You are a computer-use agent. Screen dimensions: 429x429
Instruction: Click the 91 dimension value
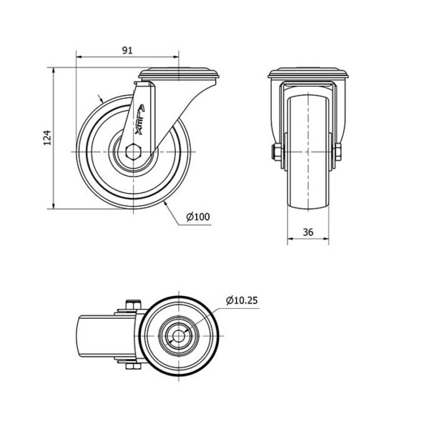click(127, 50)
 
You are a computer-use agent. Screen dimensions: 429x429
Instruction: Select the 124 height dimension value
click(48, 137)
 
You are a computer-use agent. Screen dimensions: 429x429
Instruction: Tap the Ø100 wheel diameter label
click(198, 217)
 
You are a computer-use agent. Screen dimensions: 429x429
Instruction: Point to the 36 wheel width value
click(308, 232)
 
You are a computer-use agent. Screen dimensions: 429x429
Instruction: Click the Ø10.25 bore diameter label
click(242, 300)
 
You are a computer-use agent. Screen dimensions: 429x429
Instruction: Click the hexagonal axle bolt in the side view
click(133, 152)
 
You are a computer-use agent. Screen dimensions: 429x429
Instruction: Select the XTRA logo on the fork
click(140, 119)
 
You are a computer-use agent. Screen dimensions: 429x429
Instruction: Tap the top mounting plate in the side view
click(179, 74)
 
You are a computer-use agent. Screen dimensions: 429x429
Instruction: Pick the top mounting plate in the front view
click(308, 73)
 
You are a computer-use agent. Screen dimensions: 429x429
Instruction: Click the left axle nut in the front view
click(276, 152)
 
